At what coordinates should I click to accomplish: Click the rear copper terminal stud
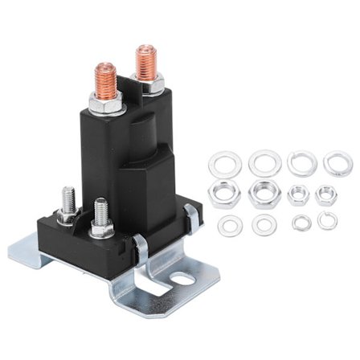pyautogui.click(x=145, y=61)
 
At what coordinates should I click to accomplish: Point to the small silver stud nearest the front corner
pyautogui.click(x=100, y=213)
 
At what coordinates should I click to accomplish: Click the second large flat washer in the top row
pyautogui.click(x=263, y=164)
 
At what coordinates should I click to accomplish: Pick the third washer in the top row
pyautogui.click(x=301, y=163)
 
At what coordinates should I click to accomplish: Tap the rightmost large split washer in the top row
pyautogui.click(x=337, y=164)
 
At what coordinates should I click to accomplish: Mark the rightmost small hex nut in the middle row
pyautogui.click(x=326, y=194)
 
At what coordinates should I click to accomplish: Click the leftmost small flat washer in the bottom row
pyautogui.click(x=229, y=226)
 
